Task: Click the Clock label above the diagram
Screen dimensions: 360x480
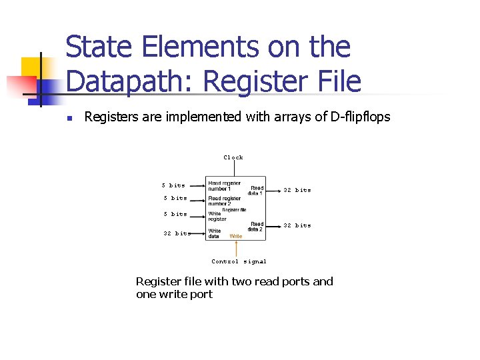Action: click(x=233, y=157)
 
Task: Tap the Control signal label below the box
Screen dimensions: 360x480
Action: click(x=239, y=261)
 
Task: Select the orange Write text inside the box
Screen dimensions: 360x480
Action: click(x=236, y=236)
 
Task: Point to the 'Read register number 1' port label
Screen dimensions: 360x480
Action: click(x=224, y=185)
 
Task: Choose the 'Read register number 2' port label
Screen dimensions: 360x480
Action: click(x=224, y=201)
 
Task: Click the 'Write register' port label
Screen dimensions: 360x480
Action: click(x=217, y=217)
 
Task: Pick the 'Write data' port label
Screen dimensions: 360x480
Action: click(x=215, y=233)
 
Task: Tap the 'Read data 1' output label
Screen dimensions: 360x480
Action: click(x=256, y=190)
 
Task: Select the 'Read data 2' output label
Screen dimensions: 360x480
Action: click(x=256, y=227)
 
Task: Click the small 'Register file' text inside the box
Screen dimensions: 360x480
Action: click(x=234, y=209)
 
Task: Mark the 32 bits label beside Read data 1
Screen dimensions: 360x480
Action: click(x=297, y=190)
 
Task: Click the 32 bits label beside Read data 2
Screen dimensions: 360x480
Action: click(x=297, y=225)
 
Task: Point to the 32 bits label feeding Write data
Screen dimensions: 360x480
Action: click(x=177, y=233)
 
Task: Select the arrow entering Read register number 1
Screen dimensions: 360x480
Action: click(x=197, y=186)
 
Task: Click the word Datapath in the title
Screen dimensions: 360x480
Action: click(x=131, y=81)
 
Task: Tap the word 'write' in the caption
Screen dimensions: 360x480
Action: click(x=175, y=294)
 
